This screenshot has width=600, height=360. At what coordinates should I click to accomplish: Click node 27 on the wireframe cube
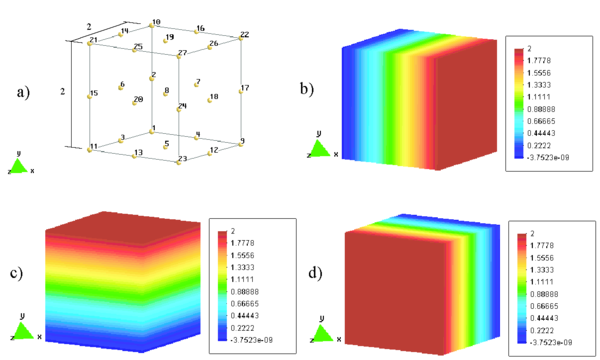(x=178, y=57)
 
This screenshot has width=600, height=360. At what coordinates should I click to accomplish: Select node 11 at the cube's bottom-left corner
(x=90, y=146)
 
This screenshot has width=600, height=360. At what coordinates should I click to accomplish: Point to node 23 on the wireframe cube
(x=179, y=162)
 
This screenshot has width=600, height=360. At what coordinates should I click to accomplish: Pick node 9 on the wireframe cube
(x=239, y=144)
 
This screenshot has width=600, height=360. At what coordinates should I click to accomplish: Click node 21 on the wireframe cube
(x=90, y=43)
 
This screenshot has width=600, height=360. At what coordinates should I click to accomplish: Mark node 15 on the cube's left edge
(x=89, y=96)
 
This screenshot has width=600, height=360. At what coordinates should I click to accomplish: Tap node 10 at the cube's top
(x=151, y=24)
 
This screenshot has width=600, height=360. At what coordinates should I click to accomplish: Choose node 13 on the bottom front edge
(x=135, y=154)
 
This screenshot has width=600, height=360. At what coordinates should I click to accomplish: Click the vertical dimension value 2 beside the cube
(x=62, y=92)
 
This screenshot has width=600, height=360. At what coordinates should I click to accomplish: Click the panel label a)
(x=23, y=93)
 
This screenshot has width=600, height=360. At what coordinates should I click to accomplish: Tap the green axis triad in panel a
(x=19, y=162)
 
